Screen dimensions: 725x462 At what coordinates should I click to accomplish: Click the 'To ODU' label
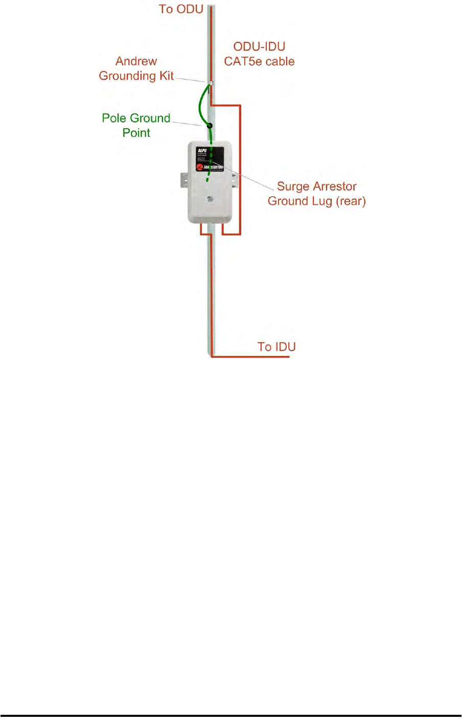[181, 9]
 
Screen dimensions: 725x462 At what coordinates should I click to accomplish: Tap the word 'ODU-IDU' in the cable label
[259, 46]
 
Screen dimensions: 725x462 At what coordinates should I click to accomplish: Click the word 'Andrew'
[136, 61]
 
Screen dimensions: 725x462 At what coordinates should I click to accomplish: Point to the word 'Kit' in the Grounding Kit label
[167, 76]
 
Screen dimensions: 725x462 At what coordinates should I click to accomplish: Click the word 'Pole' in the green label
[113, 118]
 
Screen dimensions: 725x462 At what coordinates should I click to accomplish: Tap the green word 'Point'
[136, 133]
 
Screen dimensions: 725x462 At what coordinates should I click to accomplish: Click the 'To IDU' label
[276, 347]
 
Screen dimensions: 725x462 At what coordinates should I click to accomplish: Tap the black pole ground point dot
[209, 125]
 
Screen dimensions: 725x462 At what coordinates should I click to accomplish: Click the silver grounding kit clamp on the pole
[210, 82]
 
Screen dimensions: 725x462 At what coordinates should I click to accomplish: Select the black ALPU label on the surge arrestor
[210, 158]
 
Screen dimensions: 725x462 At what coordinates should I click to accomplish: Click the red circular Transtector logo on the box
[200, 167]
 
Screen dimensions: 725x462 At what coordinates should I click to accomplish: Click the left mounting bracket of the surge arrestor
[184, 180]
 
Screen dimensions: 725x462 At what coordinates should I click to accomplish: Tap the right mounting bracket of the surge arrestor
[235, 180]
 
